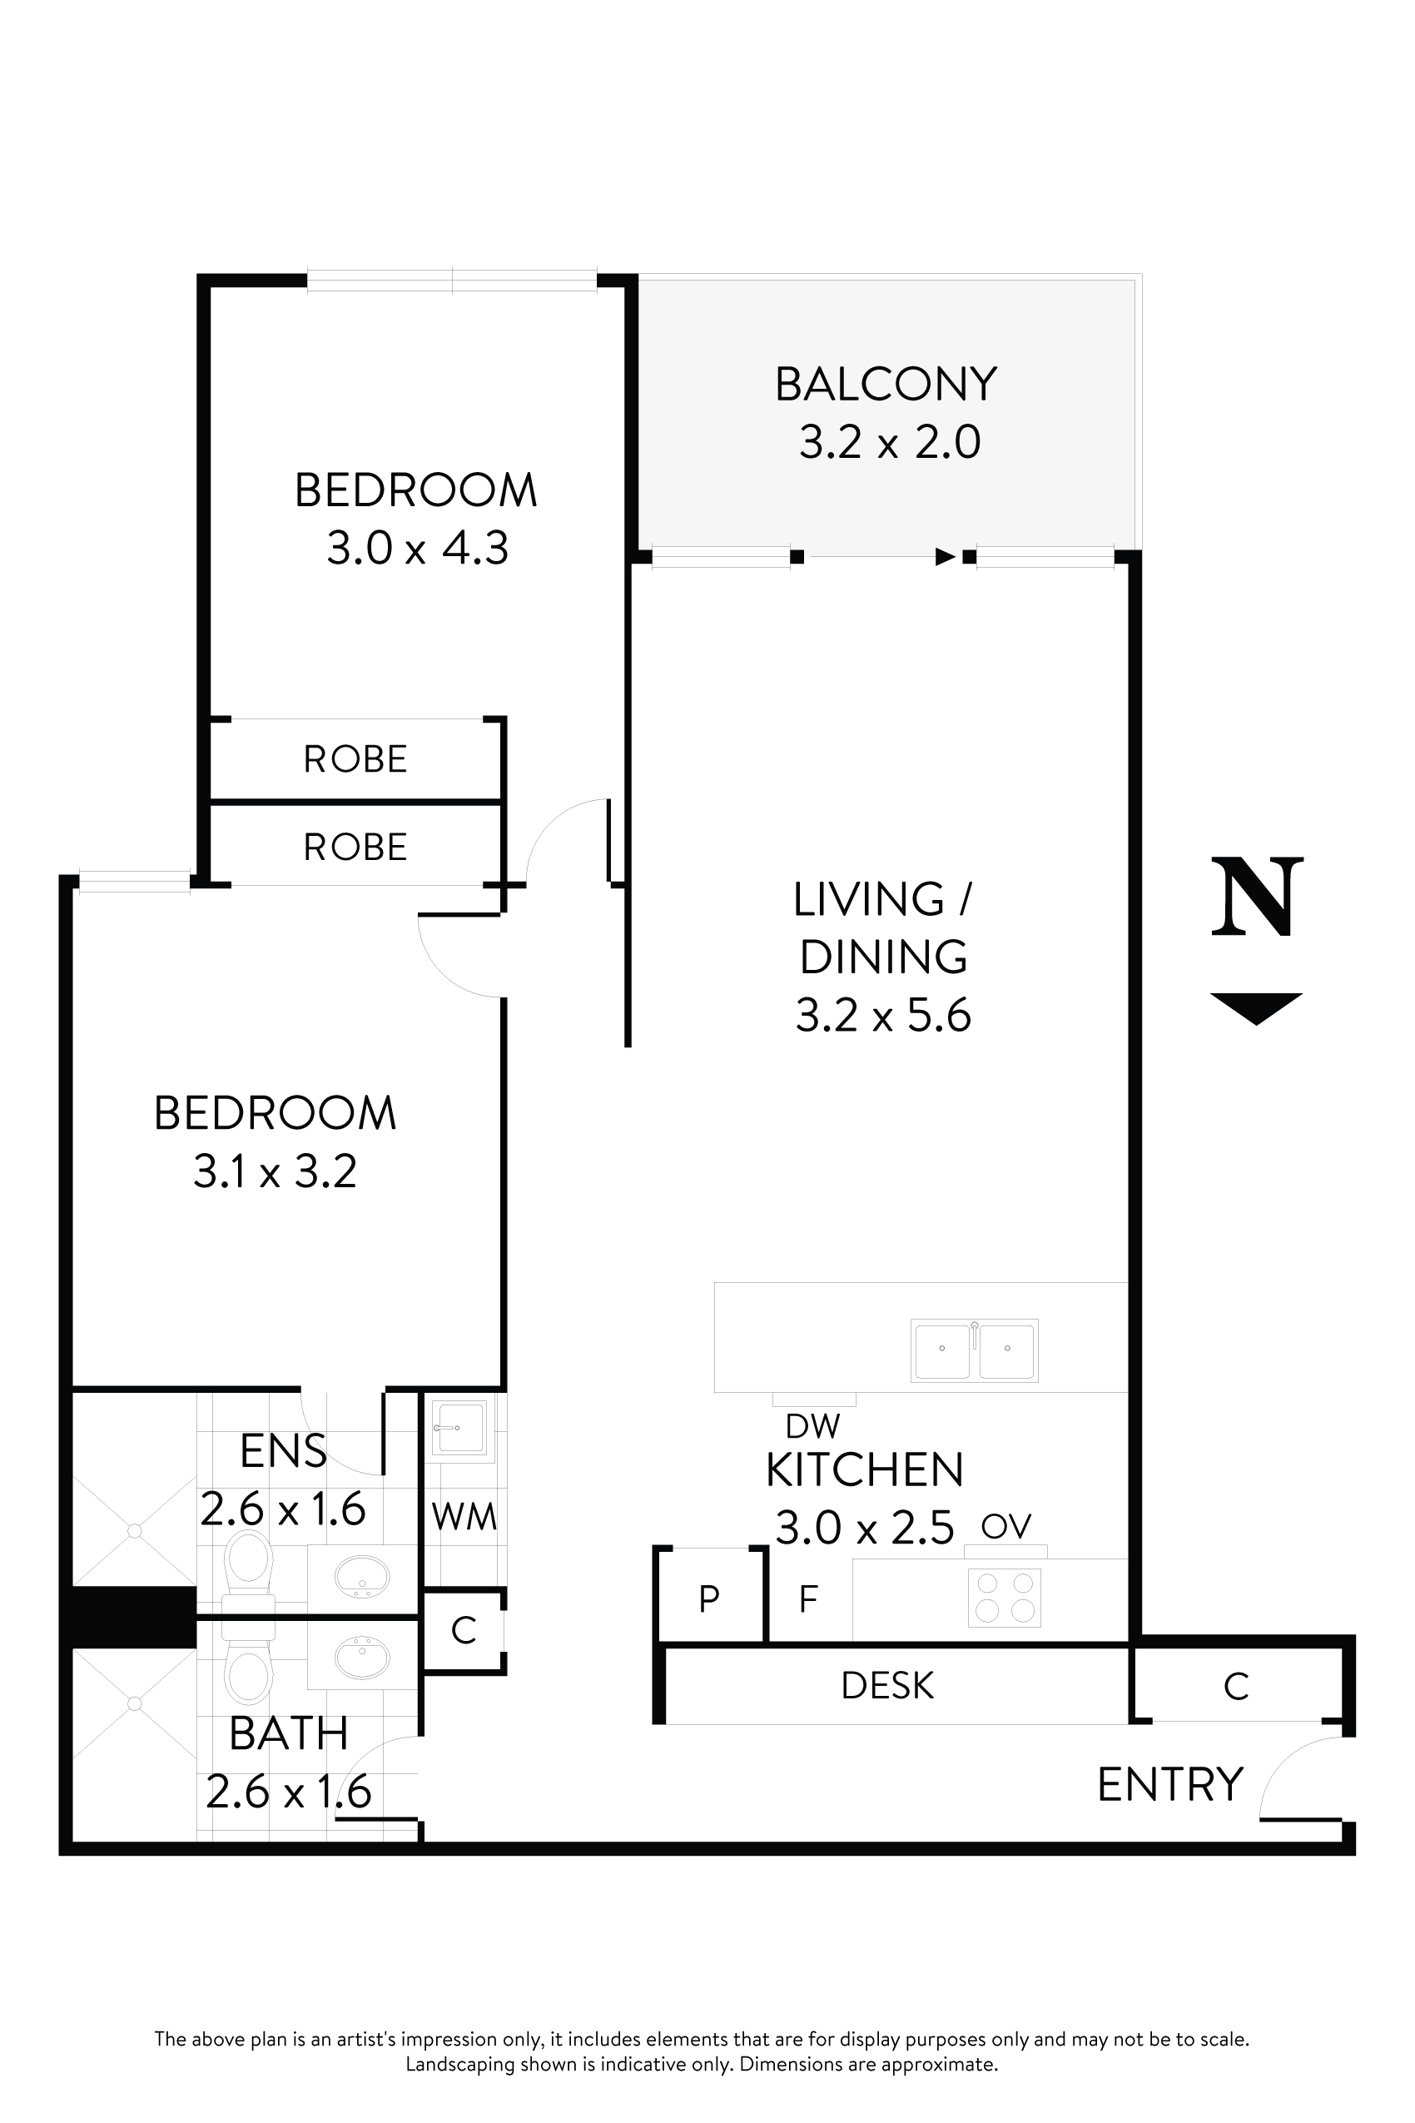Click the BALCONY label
(886, 385)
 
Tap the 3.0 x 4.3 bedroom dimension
(417, 548)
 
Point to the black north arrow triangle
(1256, 1006)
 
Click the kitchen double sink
(974, 1350)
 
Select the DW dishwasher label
(812, 1426)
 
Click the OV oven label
(1005, 1526)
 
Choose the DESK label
(887, 1685)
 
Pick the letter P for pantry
(709, 1598)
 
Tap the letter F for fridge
(807, 1598)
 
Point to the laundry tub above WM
(459, 1428)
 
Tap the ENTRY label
(1170, 1784)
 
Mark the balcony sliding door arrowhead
(945, 557)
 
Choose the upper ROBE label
(355, 759)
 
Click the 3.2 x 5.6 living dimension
(882, 1016)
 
